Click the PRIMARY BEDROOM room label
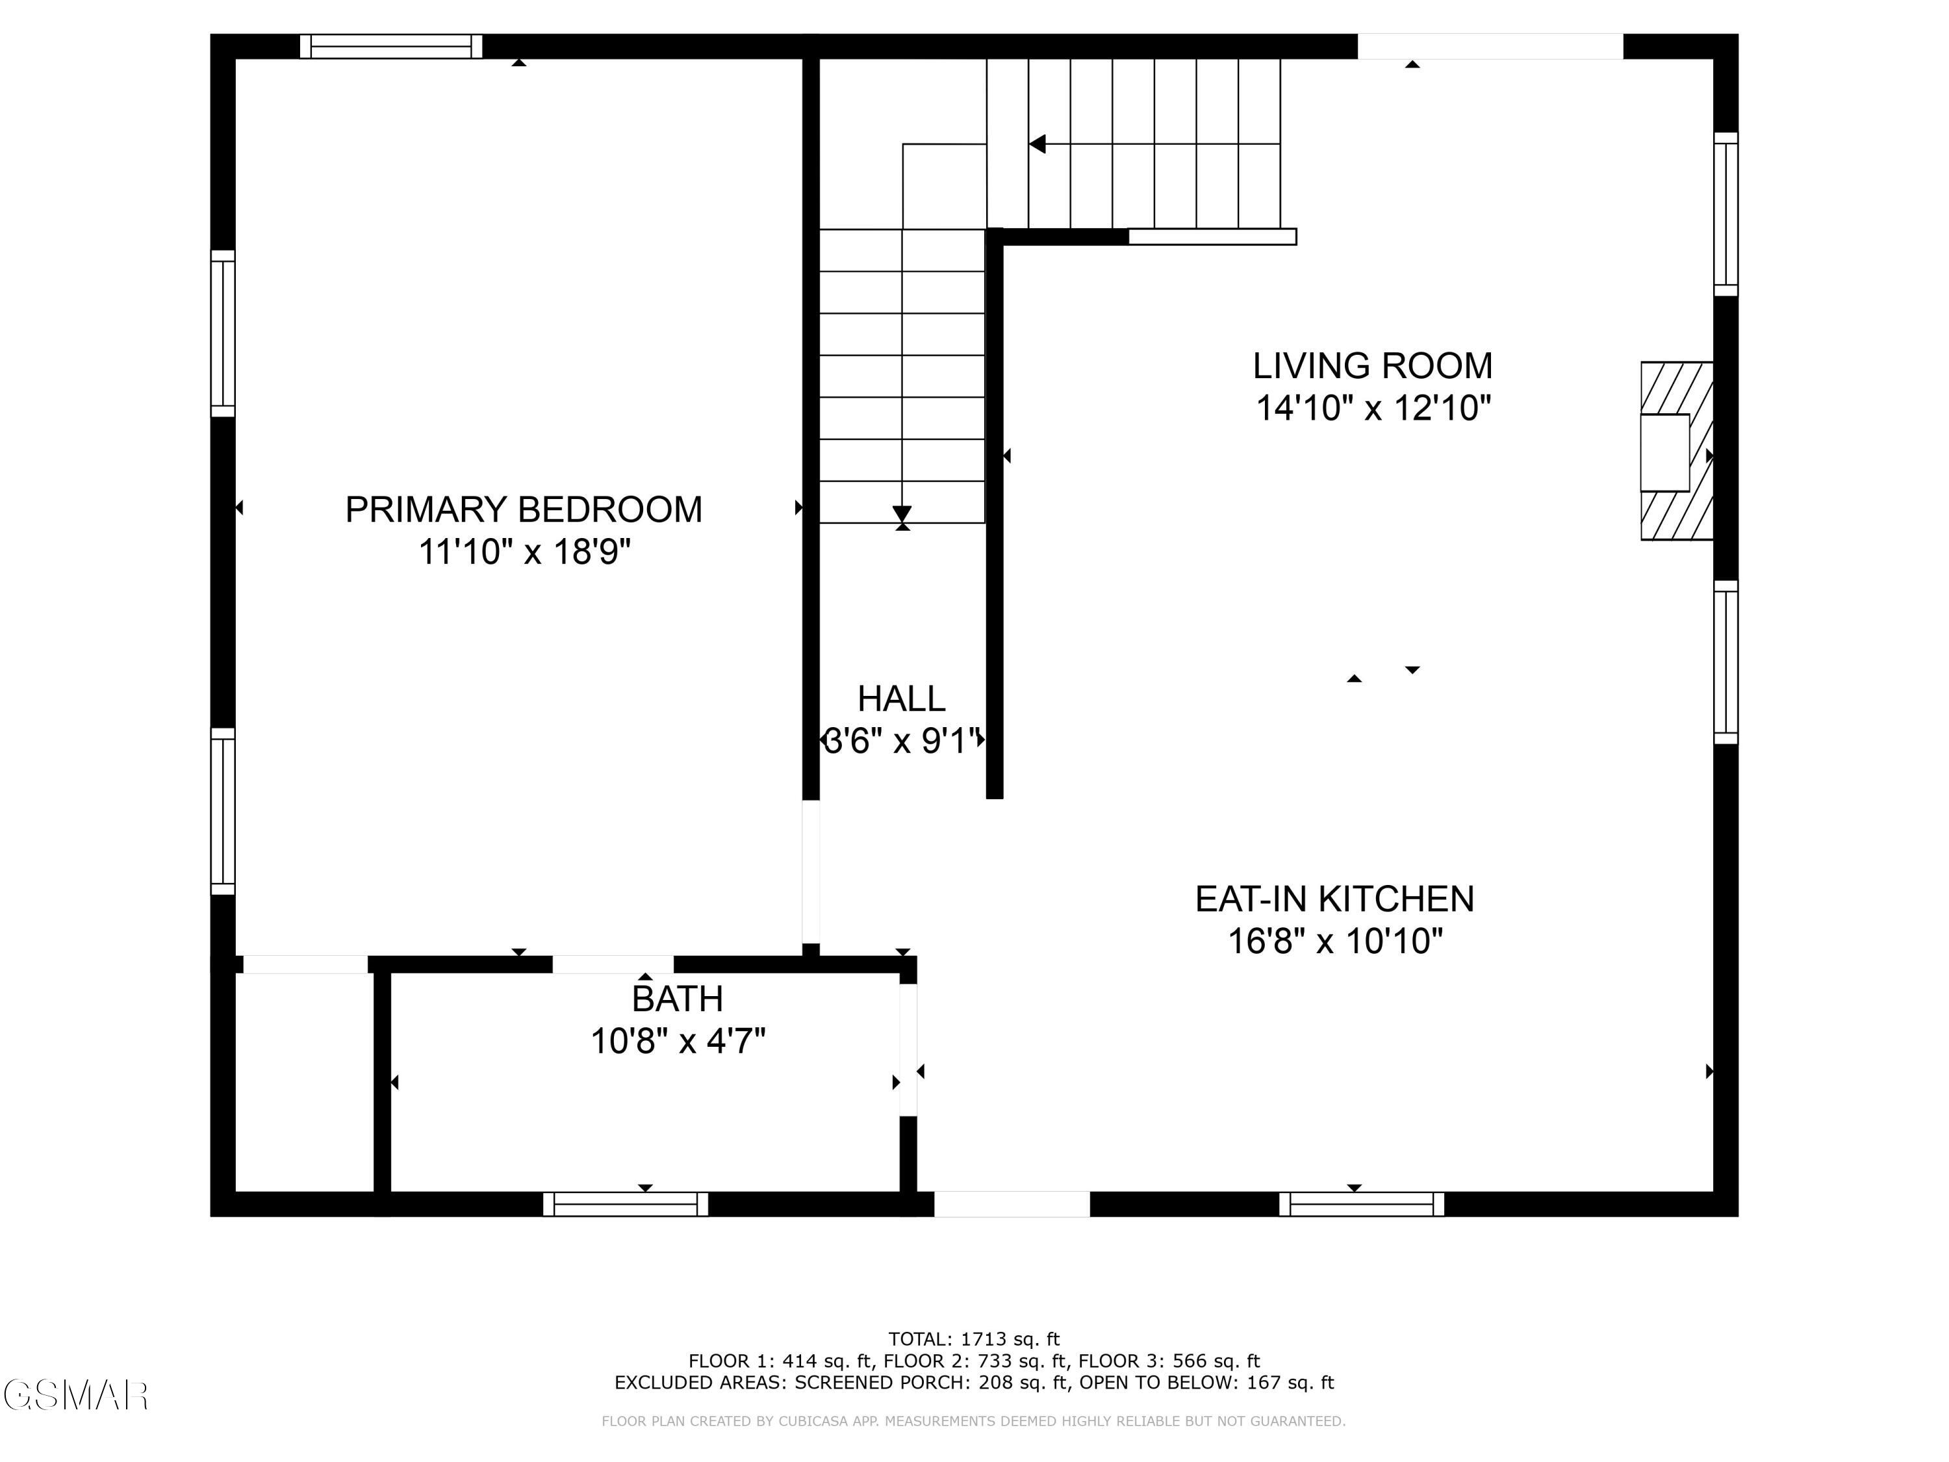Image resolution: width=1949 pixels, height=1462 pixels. [524, 509]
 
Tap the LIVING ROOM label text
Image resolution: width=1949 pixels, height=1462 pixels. [1372, 366]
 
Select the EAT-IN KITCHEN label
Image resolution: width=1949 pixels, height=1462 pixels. [1334, 899]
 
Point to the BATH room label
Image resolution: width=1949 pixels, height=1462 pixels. [678, 999]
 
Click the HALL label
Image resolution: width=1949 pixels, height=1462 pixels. [901, 699]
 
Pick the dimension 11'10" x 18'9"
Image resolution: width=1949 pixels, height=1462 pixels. [524, 552]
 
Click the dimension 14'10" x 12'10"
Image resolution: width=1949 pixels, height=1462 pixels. [1372, 408]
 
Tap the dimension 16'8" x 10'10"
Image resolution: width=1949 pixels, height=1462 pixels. [1335, 941]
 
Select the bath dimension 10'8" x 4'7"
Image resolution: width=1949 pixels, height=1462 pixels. [678, 1041]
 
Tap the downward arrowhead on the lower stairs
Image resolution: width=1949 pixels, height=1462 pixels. [901, 513]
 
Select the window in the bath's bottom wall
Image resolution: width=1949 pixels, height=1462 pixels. [626, 1204]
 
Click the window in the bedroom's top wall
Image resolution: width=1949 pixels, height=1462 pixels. [391, 46]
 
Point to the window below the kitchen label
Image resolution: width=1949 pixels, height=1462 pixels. [1361, 1204]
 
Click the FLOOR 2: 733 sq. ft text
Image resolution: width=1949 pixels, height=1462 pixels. [972, 1361]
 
